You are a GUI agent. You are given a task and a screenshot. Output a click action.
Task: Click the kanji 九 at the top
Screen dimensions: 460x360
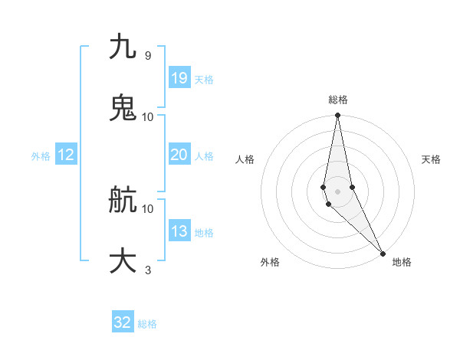(x=123, y=47)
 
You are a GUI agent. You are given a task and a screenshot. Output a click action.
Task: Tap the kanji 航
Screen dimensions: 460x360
(x=123, y=200)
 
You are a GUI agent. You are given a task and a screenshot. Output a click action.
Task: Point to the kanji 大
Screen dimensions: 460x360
(x=123, y=260)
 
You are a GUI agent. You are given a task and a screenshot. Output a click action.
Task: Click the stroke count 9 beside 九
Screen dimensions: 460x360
(x=147, y=55)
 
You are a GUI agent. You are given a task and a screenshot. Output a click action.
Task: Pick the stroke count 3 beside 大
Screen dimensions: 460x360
(x=147, y=270)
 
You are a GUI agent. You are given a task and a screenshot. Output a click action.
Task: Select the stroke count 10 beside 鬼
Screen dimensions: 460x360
(x=148, y=116)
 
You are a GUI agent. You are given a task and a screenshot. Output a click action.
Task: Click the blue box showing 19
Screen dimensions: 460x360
(x=179, y=78)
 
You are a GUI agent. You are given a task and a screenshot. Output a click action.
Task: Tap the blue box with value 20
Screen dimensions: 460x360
(x=179, y=155)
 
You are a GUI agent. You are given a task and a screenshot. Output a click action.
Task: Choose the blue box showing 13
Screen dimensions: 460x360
(x=179, y=231)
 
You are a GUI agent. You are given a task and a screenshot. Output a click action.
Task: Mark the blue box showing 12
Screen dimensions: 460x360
(x=66, y=155)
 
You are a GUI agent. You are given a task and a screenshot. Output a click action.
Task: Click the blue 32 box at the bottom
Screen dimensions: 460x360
(x=123, y=322)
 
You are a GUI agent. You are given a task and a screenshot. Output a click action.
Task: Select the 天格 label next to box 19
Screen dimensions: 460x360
(x=204, y=80)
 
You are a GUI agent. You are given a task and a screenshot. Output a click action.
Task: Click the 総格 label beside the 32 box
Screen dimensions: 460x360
(x=147, y=324)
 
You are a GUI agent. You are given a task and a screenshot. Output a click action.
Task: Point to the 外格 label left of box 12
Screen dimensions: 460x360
(x=41, y=156)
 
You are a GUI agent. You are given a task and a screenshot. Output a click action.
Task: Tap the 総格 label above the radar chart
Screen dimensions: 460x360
(x=337, y=100)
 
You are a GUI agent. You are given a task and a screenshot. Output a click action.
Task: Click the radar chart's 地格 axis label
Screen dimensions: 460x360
(x=402, y=262)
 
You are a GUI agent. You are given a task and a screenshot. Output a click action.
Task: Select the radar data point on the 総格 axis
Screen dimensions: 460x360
(x=337, y=116)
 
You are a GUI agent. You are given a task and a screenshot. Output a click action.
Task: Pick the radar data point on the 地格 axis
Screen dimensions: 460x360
(x=383, y=253)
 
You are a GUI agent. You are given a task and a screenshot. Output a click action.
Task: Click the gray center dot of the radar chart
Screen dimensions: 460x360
(x=337, y=191)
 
